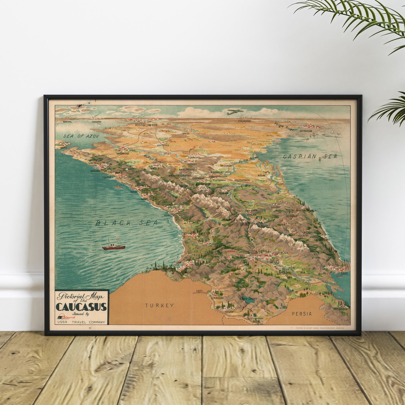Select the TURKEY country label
[x=160, y=305]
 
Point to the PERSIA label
[x=302, y=314]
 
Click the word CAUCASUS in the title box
[x=81, y=307]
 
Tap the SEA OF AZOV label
[x=81, y=136]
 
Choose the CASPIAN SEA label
[x=310, y=157]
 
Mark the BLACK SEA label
[x=127, y=223]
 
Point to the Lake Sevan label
[x=248, y=299]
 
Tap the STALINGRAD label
[x=244, y=121]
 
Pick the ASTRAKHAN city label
[x=306, y=131]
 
